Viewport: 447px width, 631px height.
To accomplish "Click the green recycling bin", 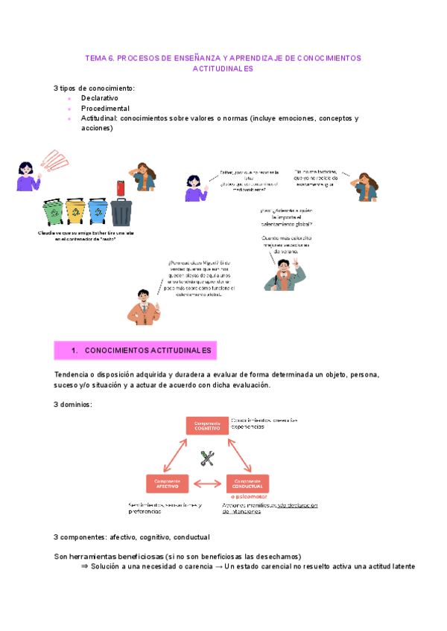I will click(54, 211).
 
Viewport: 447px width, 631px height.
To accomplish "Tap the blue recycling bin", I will click(98, 211).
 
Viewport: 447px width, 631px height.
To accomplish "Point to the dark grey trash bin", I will click(121, 211).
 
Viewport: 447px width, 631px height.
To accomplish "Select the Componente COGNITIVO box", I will click(207, 426).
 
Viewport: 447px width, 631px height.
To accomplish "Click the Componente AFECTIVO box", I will click(167, 484).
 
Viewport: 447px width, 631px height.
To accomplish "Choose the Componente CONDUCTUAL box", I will click(247, 484).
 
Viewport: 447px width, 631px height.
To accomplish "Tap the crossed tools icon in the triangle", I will click(208, 459).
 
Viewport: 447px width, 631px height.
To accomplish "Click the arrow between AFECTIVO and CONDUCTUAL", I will click(207, 484).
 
